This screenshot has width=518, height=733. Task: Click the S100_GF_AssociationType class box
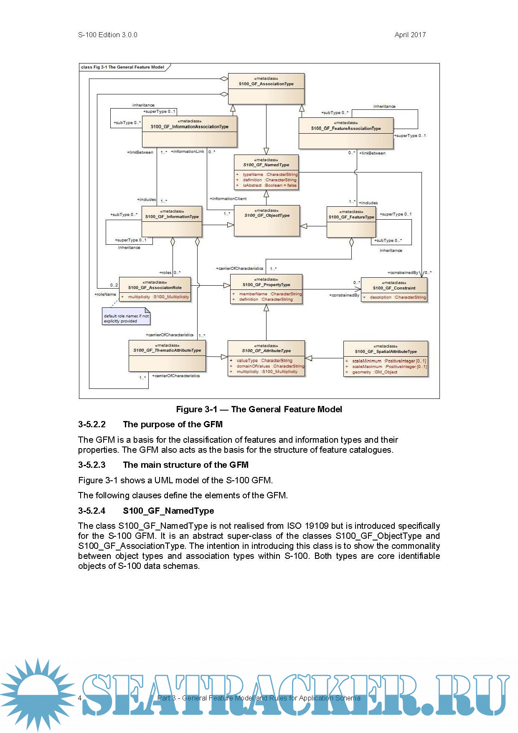click(x=266, y=89)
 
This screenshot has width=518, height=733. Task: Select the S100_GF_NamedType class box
click(x=266, y=172)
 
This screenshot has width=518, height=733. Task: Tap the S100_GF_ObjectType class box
click(x=267, y=221)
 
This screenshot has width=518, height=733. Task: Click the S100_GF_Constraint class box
click(x=394, y=290)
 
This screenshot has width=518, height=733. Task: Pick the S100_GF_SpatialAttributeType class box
click(x=386, y=359)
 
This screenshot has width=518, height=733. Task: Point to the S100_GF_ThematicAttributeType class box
click(x=167, y=356)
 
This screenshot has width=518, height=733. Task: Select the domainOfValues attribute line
click(x=268, y=366)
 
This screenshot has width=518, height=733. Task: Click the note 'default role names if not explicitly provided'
click(x=126, y=318)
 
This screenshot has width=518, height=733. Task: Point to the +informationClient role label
click(x=228, y=199)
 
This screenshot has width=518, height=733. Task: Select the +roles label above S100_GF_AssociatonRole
click(x=165, y=273)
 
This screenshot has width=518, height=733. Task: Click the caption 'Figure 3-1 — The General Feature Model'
click(x=259, y=409)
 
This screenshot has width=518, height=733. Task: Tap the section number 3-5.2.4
click(x=92, y=511)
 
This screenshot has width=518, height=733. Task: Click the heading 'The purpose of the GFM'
click(x=173, y=424)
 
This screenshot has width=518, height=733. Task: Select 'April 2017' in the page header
click(x=410, y=35)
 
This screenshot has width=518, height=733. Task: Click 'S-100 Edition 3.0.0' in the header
click(x=108, y=35)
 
